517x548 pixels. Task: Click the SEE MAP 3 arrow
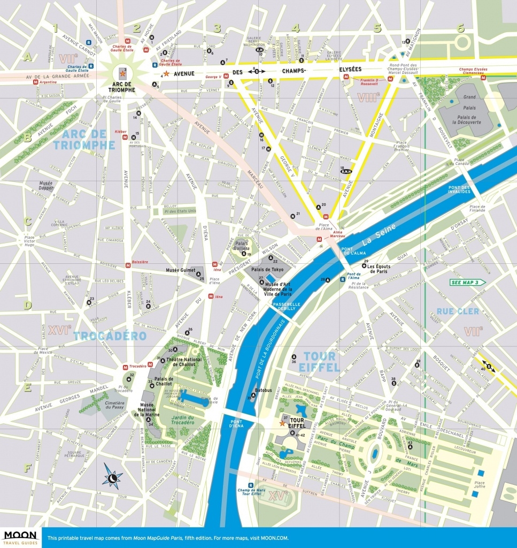(467, 282)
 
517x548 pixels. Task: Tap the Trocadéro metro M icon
(125, 367)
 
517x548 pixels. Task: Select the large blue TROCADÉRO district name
(110, 336)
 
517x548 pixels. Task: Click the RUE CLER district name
(457, 311)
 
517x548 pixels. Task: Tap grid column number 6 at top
(460, 28)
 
